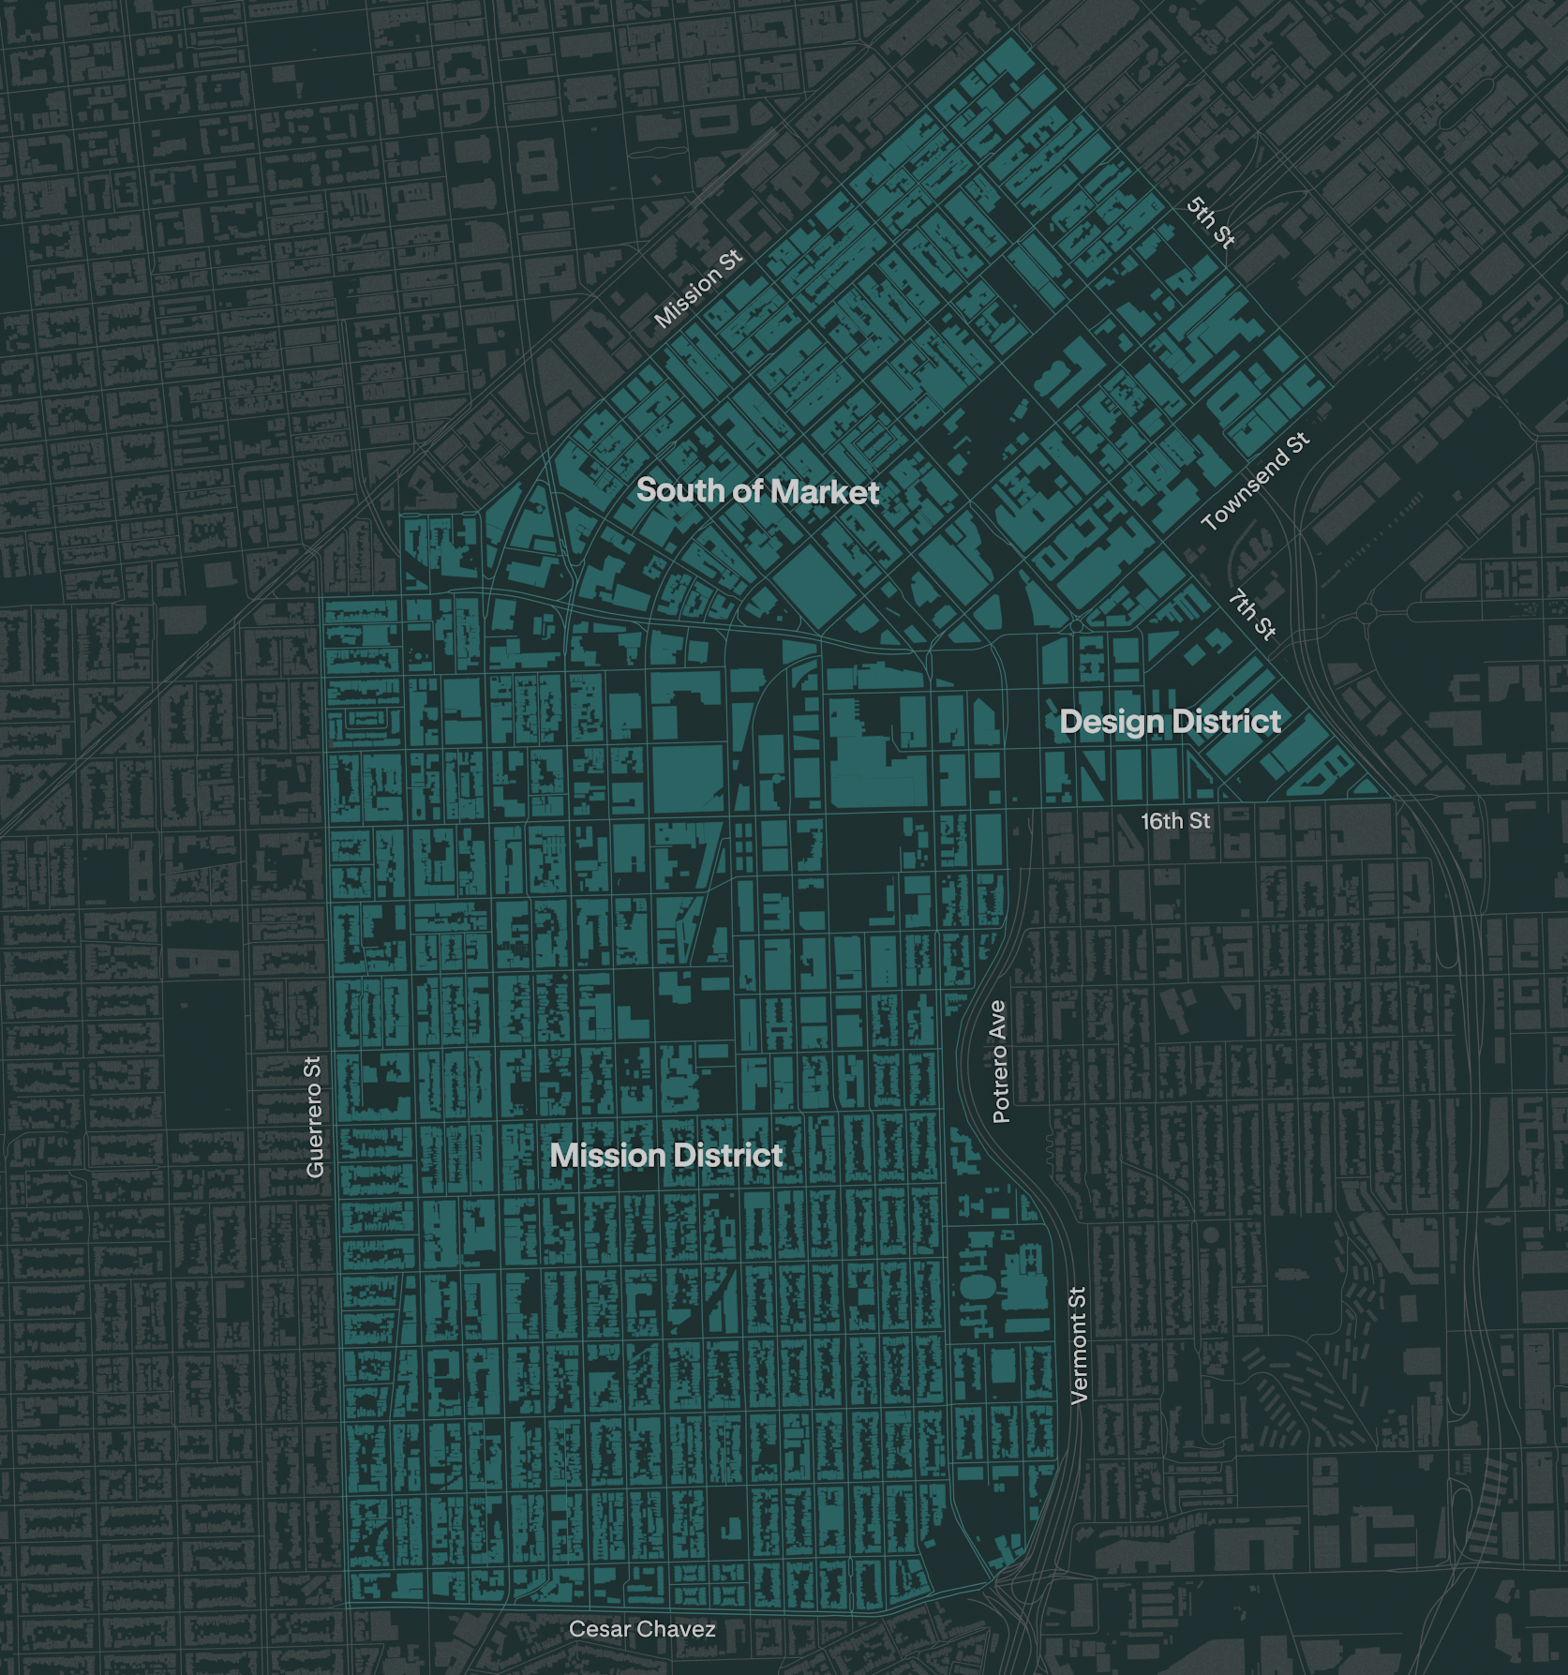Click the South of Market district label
[757, 490]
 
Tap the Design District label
[1170, 721]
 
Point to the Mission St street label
[699, 289]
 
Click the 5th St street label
[1211, 223]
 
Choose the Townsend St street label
[1255, 481]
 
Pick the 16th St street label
[1175, 821]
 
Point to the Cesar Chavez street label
[642, 1629]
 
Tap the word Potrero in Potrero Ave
[999, 1082]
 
